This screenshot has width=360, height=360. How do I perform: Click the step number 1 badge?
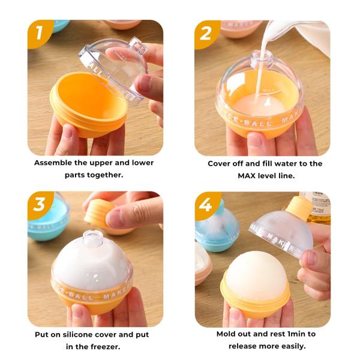pos(40,34)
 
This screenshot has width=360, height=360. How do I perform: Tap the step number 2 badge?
pos(206,34)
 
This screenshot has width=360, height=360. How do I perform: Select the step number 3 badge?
pos(40,205)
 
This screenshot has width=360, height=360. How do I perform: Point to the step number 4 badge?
pos(206,205)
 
